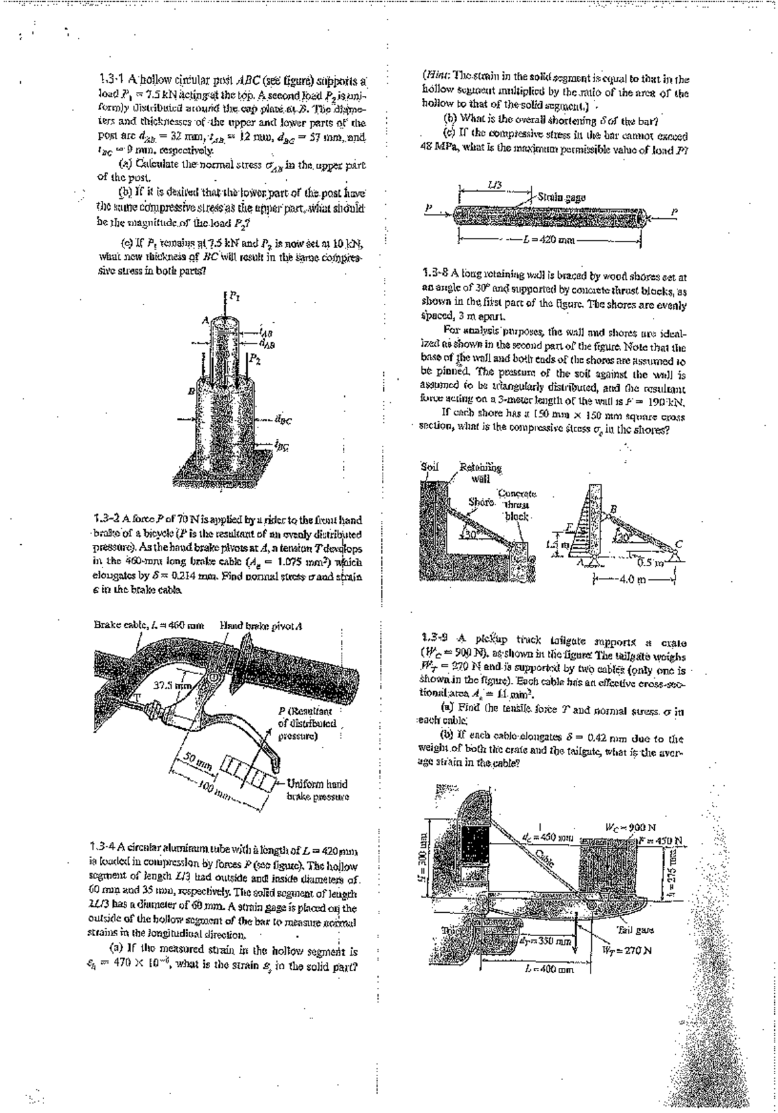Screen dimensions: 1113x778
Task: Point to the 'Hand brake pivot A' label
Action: (x=262, y=626)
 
